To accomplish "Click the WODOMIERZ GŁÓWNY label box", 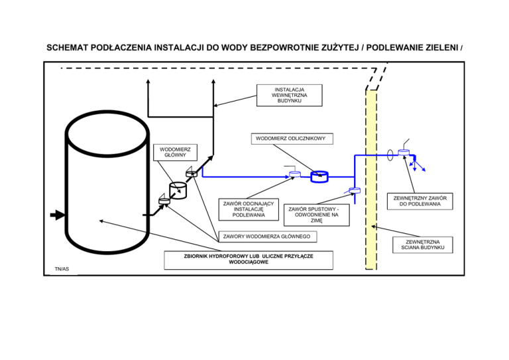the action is (x=175, y=152).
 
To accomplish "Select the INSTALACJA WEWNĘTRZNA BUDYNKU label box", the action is (x=289, y=95).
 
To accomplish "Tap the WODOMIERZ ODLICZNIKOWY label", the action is (x=292, y=139).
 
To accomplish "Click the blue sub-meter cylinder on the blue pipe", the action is (x=319, y=177).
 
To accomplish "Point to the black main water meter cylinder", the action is (x=178, y=190).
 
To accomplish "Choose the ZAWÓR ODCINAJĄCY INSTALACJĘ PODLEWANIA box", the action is (x=249, y=210).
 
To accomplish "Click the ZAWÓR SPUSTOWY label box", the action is (x=317, y=215).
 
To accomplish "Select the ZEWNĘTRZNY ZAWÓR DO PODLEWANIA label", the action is (x=420, y=202).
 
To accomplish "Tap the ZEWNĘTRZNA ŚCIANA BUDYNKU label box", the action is (x=423, y=245).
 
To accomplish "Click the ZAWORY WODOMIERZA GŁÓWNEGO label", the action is (x=268, y=237).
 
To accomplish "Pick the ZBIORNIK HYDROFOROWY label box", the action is (x=249, y=260).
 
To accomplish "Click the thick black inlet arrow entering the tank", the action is (x=58, y=215).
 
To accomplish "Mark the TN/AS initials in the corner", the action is (x=62, y=269).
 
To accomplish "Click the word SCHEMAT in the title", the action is (x=67, y=48).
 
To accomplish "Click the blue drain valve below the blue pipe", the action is (x=354, y=190).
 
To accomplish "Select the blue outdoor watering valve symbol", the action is (x=404, y=152).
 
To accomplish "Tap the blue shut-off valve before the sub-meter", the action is (x=294, y=174).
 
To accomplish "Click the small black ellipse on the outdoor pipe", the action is (x=390, y=155).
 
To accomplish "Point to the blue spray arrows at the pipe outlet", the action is (x=418, y=164).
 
